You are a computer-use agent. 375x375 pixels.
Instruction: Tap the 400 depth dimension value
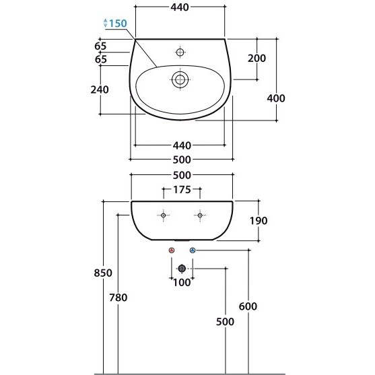(276, 98)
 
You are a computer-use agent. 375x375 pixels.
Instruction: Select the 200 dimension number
(257, 58)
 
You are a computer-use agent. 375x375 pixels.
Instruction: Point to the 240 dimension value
(100, 90)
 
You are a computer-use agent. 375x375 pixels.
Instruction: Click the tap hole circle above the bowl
(180, 52)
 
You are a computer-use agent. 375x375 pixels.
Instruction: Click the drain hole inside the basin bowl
(180, 79)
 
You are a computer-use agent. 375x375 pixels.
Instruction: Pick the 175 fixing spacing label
(182, 190)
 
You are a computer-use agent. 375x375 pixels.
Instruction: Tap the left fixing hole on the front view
(164, 215)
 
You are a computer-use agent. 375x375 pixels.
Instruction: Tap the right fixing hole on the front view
(200, 215)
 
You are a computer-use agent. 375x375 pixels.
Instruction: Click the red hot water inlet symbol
(172, 250)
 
